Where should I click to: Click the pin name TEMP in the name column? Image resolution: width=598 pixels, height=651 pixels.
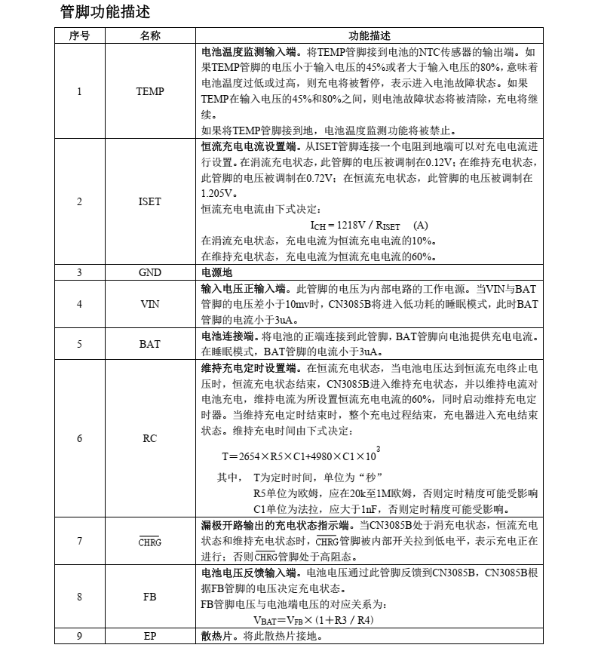(149, 92)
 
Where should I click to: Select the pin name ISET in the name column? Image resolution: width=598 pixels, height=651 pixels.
(149, 202)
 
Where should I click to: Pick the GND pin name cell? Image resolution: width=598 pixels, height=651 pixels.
(149, 273)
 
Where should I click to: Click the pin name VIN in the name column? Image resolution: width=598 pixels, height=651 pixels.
(149, 305)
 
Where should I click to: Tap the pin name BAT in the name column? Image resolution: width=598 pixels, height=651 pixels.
(149, 344)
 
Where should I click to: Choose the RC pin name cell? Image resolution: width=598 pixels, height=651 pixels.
(149, 438)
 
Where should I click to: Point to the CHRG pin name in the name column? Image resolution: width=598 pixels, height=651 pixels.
(149, 542)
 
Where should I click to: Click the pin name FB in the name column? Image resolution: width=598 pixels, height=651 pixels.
(149, 596)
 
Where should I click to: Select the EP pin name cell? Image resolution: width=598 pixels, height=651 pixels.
(149, 636)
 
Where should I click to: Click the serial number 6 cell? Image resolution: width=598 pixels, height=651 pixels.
(79, 438)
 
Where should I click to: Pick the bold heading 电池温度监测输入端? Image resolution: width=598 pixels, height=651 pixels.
(252, 52)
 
